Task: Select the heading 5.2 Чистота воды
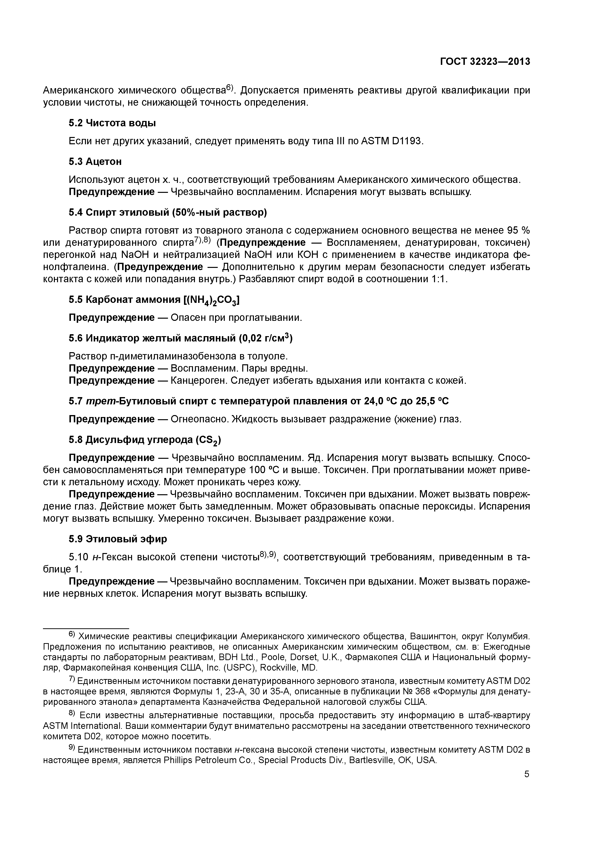[112, 123]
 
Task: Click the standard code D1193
[407, 141]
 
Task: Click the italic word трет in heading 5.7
[96, 401]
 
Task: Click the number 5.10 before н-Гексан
[78, 557]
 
